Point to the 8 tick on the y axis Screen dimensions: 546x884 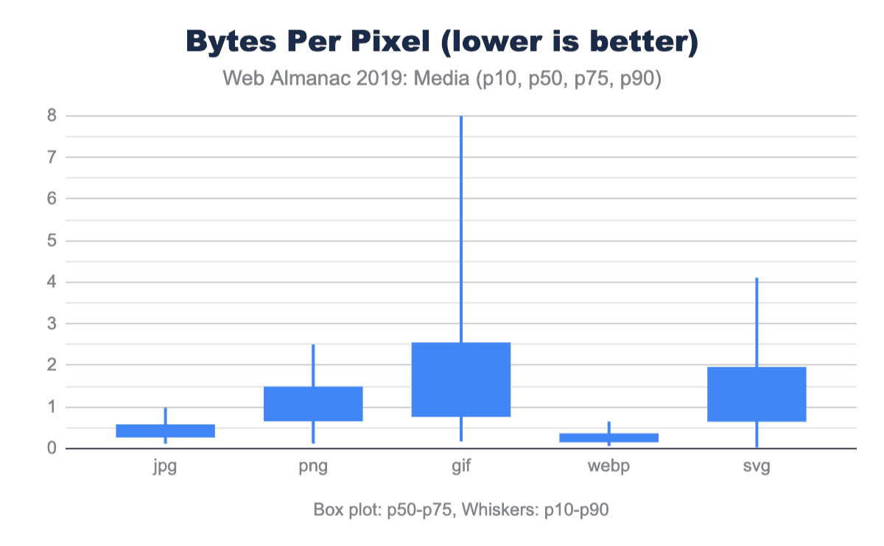[52, 116]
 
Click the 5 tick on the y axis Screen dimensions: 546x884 [52, 241]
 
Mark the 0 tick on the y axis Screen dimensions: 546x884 [52, 448]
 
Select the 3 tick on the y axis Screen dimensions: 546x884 [52, 324]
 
